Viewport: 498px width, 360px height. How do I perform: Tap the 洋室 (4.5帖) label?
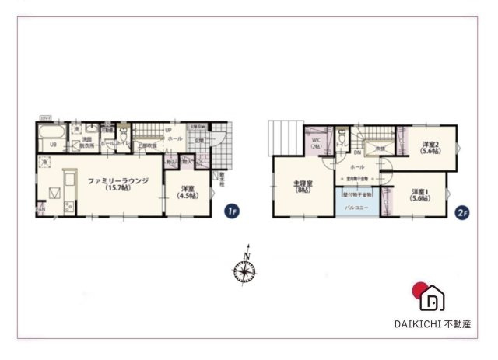point(188,193)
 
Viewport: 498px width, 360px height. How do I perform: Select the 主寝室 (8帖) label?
point(303,187)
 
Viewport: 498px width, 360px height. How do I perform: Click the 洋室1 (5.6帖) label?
point(421,195)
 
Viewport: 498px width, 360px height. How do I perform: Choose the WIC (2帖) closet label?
point(316,144)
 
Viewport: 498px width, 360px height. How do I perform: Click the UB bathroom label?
point(54,145)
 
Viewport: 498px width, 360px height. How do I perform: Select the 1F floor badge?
point(230,211)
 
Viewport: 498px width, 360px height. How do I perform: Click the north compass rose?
point(245,271)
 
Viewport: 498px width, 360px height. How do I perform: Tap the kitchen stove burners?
point(67,207)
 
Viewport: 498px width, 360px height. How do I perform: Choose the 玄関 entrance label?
point(198,140)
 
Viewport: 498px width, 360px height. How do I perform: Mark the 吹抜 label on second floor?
point(381,148)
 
